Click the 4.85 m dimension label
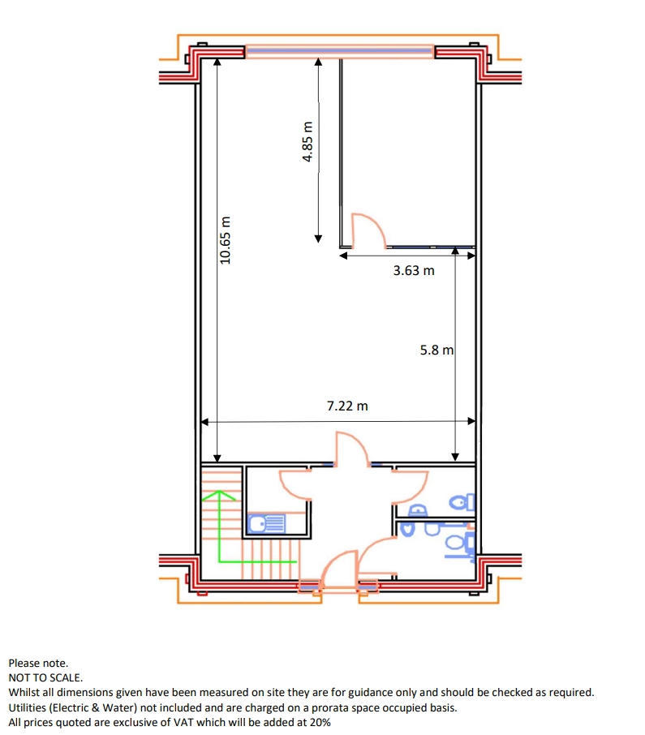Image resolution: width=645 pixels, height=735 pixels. pos(307,141)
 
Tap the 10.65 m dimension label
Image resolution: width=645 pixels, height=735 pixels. pos(226,240)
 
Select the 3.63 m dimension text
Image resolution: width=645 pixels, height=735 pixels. pos(414,270)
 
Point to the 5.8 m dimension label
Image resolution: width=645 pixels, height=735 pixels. pos(436,350)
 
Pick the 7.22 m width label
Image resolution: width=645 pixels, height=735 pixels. pos(347,406)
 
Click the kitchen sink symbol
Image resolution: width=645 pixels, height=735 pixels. pos(266,523)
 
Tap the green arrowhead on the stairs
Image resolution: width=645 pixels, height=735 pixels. pos(219,495)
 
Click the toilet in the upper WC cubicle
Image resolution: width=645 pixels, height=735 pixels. pos(462,502)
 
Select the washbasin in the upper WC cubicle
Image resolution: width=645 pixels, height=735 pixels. pos(418,509)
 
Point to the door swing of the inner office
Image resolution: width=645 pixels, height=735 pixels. pos(368,230)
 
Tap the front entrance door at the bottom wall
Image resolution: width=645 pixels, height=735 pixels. pos(339,567)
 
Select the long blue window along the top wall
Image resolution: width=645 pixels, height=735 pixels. pos(339,51)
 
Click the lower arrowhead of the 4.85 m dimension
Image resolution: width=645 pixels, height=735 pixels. pos(318,239)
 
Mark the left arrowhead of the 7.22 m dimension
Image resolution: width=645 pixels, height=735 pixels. pos(204,422)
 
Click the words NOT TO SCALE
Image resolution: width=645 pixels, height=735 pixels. pos(45,678)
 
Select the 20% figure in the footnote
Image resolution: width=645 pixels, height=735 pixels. pos(320,722)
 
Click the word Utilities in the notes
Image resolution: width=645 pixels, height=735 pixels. pos(28,707)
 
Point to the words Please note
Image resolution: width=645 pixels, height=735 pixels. pos(38,664)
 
